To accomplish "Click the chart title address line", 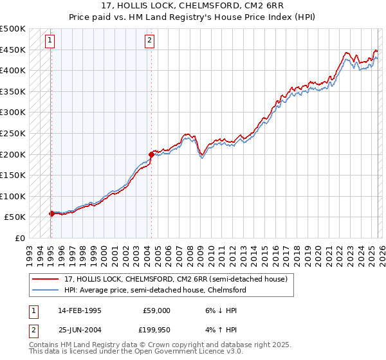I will pyautogui.click(x=193, y=5).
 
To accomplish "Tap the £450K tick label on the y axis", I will pyautogui.click(x=13, y=50).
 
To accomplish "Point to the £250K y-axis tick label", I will pyautogui.click(x=13, y=134).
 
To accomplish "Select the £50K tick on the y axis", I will pyautogui.click(x=15, y=217).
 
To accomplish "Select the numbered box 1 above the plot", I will pyautogui.click(x=50, y=40).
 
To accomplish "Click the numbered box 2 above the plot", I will pyautogui.click(x=149, y=40).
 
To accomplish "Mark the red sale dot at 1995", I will pyautogui.click(x=51, y=213).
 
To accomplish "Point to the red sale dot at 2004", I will pyautogui.click(x=151, y=154).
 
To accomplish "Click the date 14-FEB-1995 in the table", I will pyautogui.click(x=80, y=310).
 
